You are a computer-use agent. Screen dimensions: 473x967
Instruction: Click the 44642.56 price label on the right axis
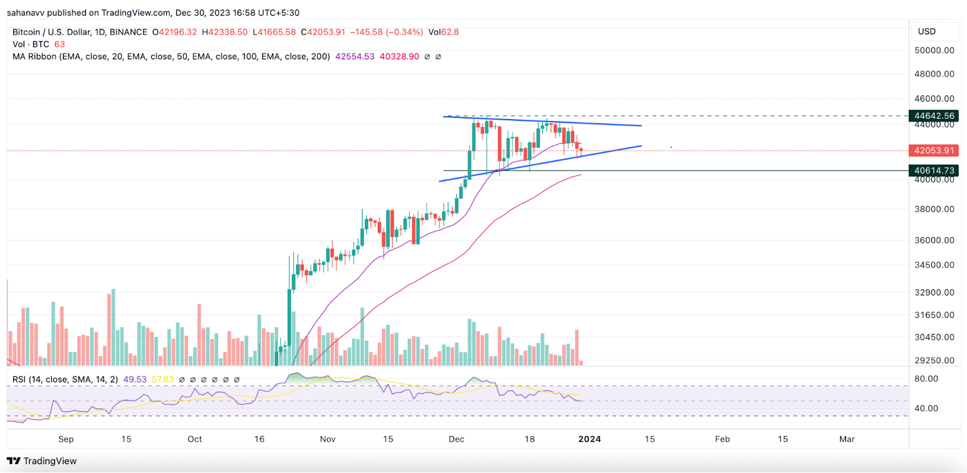pyautogui.click(x=934, y=115)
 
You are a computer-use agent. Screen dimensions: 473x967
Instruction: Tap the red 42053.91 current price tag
pyautogui.click(x=934, y=150)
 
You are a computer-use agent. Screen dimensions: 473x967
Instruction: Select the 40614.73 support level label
pyautogui.click(x=934, y=170)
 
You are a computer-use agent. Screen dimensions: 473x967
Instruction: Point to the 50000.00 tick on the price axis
pyautogui.click(x=934, y=50)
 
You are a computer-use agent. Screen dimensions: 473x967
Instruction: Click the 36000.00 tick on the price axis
pyautogui.click(x=934, y=240)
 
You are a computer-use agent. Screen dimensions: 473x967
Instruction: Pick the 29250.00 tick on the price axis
pyautogui.click(x=934, y=360)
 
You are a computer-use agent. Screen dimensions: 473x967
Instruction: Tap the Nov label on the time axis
pyautogui.click(x=328, y=439)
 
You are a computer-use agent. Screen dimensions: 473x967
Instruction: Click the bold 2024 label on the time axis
pyautogui.click(x=589, y=439)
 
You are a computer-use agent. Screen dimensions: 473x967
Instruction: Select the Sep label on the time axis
pyautogui.click(x=66, y=439)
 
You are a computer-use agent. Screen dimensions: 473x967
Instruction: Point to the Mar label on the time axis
pyautogui.click(x=847, y=439)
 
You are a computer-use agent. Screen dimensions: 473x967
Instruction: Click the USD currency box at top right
pyautogui.click(x=927, y=31)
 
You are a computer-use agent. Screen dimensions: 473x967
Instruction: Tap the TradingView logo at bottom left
pyautogui.click(x=42, y=461)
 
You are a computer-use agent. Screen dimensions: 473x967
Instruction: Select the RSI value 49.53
pyautogui.click(x=135, y=379)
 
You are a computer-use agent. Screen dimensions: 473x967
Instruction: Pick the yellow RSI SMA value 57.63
pyautogui.click(x=163, y=379)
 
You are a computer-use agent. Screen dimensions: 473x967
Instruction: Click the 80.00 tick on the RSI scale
pyautogui.click(x=926, y=379)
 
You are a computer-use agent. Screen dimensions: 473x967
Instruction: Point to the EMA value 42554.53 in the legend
pyautogui.click(x=355, y=56)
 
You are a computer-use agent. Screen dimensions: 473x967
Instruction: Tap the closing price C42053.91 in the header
pyautogui.click(x=323, y=32)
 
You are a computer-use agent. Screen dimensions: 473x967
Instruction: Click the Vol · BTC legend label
pyautogui.click(x=31, y=44)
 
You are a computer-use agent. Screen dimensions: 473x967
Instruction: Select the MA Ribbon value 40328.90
pyautogui.click(x=399, y=56)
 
